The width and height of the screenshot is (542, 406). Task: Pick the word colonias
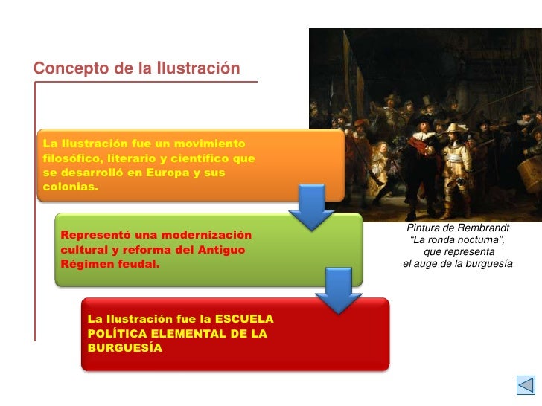[70, 187]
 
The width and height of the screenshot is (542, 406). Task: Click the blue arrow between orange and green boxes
[310, 207]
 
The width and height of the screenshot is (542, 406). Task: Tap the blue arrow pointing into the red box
[339, 291]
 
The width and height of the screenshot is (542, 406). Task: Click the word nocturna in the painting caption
[480, 239]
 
